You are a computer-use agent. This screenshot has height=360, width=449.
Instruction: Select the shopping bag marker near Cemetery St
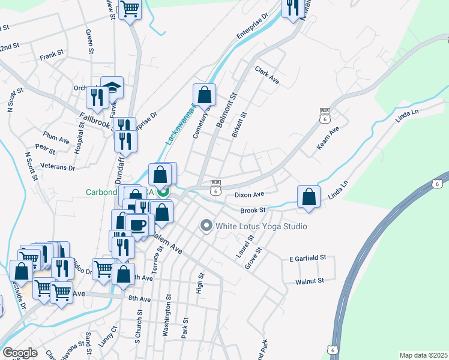click(204, 95)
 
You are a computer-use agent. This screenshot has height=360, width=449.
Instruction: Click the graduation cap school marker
click(112, 88)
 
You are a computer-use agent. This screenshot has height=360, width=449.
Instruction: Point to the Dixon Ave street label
click(250, 194)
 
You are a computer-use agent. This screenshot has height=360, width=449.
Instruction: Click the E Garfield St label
click(307, 257)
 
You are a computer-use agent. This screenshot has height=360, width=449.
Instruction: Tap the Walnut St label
click(310, 280)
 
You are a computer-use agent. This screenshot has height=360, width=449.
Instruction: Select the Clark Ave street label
click(267, 75)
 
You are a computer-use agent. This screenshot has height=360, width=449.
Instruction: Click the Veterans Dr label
click(58, 167)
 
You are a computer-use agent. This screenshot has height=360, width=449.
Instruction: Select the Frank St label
click(52, 56)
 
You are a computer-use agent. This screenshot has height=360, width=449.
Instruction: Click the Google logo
click(20, 353)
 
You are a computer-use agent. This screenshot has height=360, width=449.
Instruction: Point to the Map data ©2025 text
click(423, 355)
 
